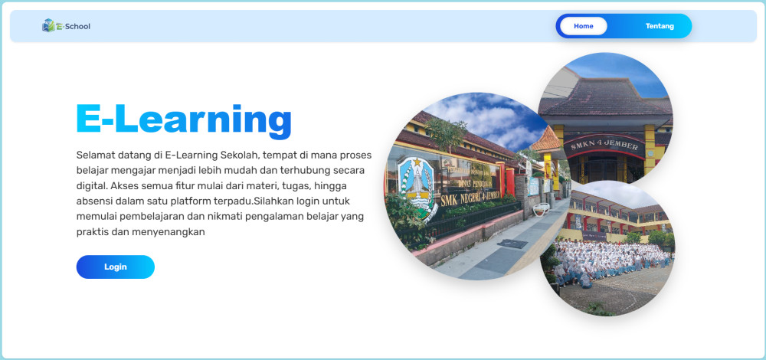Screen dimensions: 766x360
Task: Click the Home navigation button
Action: tap(583, 26)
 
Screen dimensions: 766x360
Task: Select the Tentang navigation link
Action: tap(660, 26)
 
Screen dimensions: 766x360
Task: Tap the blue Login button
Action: tap(116, 267)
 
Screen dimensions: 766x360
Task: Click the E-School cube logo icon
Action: tap(48, 25)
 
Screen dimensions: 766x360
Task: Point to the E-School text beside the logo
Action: tap(74, 26)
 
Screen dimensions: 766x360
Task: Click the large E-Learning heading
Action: tap(184, 119)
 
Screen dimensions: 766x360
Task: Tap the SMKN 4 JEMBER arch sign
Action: tap(604, 145)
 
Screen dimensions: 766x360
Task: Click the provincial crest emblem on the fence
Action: tap(416, 183)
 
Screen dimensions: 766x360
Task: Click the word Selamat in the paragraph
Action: tap(94, 155)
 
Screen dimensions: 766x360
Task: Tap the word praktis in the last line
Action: tap(93, 233)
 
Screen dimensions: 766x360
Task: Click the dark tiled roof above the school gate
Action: tap(605, 98)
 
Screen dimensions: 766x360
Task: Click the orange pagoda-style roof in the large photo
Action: tap(545, 139)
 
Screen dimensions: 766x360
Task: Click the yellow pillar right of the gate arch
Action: tap(650, 149)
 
